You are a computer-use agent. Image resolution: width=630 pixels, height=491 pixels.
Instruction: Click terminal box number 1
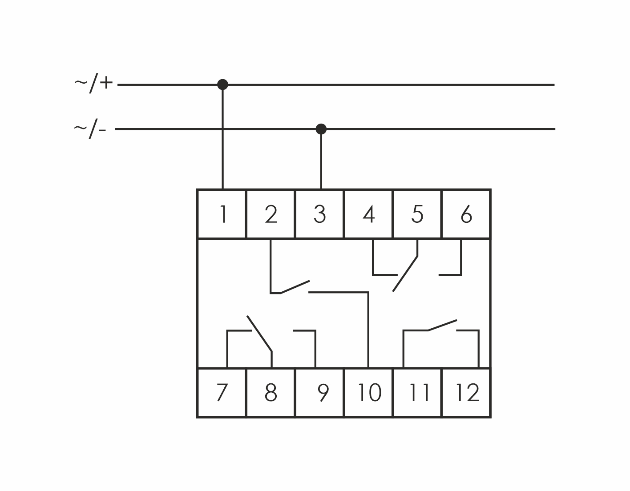222,214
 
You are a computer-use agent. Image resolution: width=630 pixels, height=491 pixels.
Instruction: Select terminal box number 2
271,214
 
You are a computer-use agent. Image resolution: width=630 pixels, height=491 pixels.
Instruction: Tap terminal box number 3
319,214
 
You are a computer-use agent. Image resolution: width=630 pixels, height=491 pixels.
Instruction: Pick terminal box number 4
368,214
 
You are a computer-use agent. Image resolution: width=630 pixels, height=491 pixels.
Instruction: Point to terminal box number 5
417,214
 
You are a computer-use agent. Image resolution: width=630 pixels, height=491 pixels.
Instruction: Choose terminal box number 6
466,214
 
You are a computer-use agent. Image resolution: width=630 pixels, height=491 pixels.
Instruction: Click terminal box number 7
222,393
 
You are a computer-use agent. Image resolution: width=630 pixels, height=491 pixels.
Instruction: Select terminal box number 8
271,393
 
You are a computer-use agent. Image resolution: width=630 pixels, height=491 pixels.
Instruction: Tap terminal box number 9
319,393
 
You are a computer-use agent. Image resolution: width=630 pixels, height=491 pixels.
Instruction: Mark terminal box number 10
368,393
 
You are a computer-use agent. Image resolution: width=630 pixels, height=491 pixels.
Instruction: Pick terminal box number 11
417,393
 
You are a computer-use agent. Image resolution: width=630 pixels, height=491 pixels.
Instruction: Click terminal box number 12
466,393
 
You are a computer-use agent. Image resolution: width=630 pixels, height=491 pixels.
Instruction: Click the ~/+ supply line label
93,84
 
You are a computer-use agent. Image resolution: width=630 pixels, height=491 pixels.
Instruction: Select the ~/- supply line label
90,129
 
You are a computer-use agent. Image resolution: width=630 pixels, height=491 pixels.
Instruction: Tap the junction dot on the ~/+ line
222,85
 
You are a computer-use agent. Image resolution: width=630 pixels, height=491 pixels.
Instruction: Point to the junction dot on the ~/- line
321,129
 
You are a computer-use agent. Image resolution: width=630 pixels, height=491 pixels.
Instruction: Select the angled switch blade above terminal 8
259,334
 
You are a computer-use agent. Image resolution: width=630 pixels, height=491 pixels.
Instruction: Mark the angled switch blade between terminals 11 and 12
442,325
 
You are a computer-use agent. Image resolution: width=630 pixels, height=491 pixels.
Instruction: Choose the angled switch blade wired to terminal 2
295,287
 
